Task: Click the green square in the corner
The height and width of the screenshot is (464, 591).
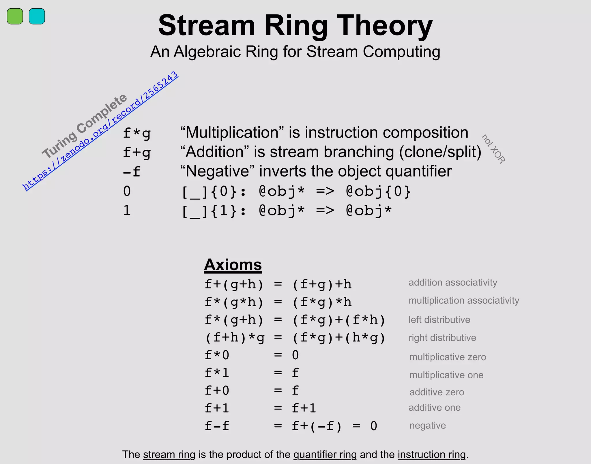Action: pyautogui.click(x=15, y=16)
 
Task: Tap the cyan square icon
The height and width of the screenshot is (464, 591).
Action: pyautogui.click(x=37, y=16)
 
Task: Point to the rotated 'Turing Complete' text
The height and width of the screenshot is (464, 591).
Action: pyautogui.click(x=85, y=126)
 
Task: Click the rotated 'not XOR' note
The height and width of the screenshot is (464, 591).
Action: pyautogui.click(x=493, y=149)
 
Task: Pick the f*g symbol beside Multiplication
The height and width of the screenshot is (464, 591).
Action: pyautogui.click(x=137, y=133)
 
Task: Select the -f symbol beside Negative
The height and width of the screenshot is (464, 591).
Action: pyautogui.click(x=132, y=172)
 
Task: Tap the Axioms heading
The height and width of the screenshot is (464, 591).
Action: pyautogui.click(x=233, y=265)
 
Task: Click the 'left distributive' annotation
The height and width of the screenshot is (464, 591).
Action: pyautogui.click(x=439, y=320)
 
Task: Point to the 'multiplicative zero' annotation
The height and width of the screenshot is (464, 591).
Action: pyautogui.click(x=448, y=357)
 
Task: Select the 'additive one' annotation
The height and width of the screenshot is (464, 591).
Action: pyautogui.click(x=435, y=407)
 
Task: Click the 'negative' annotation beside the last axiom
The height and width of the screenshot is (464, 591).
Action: pyautogui.click(x=428, y=425)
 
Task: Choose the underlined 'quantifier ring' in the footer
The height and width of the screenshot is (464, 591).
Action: pyautogui.click(x=325, y=454)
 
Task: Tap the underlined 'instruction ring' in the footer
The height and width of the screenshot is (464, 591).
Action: pyautogui.click(x=432, y=454)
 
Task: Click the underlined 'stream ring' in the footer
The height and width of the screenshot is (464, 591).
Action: pyautogui.click(x=169, y=454)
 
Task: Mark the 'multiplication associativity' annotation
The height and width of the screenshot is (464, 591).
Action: pyautogui.click(x=464, y=300)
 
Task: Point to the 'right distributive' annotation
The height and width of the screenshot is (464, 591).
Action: pyautogui.click(x=442, y=338)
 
